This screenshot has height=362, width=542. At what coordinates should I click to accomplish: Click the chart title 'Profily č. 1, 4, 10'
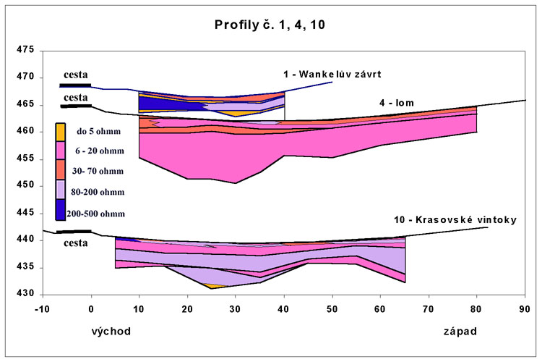tap(272, 26)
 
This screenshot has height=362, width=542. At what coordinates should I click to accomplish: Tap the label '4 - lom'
tap(395, 103)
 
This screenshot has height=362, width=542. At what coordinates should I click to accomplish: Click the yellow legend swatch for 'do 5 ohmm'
tap(61, 132)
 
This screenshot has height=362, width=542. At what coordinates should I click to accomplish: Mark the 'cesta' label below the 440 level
tap(75, 243)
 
